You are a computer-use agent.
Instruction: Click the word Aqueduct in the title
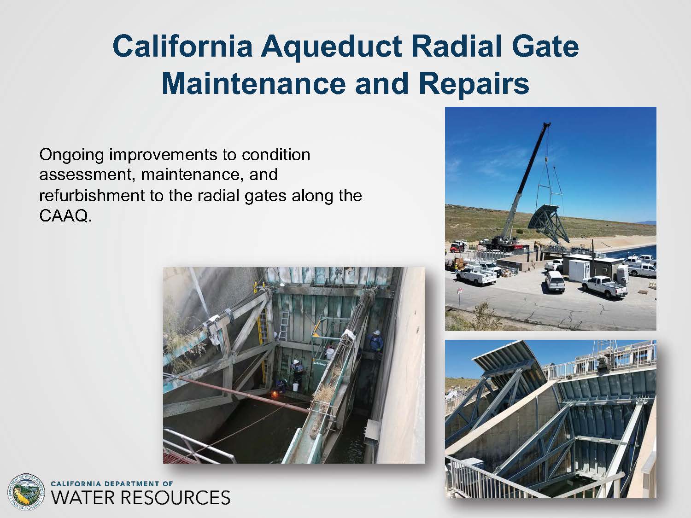331,47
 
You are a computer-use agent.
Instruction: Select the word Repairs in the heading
474,84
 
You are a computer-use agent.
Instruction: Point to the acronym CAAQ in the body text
65,216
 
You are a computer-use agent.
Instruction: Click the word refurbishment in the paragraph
92,195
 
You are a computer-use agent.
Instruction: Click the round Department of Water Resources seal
26,492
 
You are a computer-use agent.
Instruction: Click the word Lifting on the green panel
320,364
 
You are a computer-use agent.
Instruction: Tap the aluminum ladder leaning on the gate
283,324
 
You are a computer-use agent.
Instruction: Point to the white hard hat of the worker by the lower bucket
296,362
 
